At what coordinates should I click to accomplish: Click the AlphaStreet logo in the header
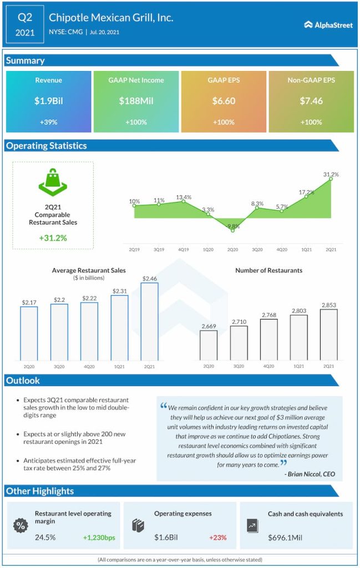328,25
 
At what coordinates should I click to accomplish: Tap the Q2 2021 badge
24,25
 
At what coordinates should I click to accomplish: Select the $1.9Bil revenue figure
49,101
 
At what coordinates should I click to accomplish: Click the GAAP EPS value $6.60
224,101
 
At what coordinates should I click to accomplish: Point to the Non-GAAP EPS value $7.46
311,101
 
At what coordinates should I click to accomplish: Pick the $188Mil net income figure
136,101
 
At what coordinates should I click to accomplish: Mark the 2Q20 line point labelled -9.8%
232,230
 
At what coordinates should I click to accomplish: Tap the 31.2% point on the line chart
331,179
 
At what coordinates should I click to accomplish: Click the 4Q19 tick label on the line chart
184,250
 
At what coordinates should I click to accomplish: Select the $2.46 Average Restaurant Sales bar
150,322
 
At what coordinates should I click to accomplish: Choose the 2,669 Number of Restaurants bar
209,345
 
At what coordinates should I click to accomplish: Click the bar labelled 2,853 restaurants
328,334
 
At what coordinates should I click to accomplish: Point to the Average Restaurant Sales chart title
89,271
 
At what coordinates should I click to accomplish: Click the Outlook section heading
23,381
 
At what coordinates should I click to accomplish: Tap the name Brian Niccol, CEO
310,474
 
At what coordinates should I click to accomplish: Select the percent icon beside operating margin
20,525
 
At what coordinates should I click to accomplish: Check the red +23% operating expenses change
218,537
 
